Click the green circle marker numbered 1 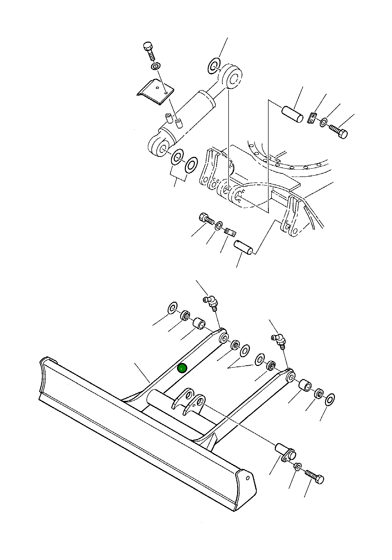[182, 368]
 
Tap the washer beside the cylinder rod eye [214, 66]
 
